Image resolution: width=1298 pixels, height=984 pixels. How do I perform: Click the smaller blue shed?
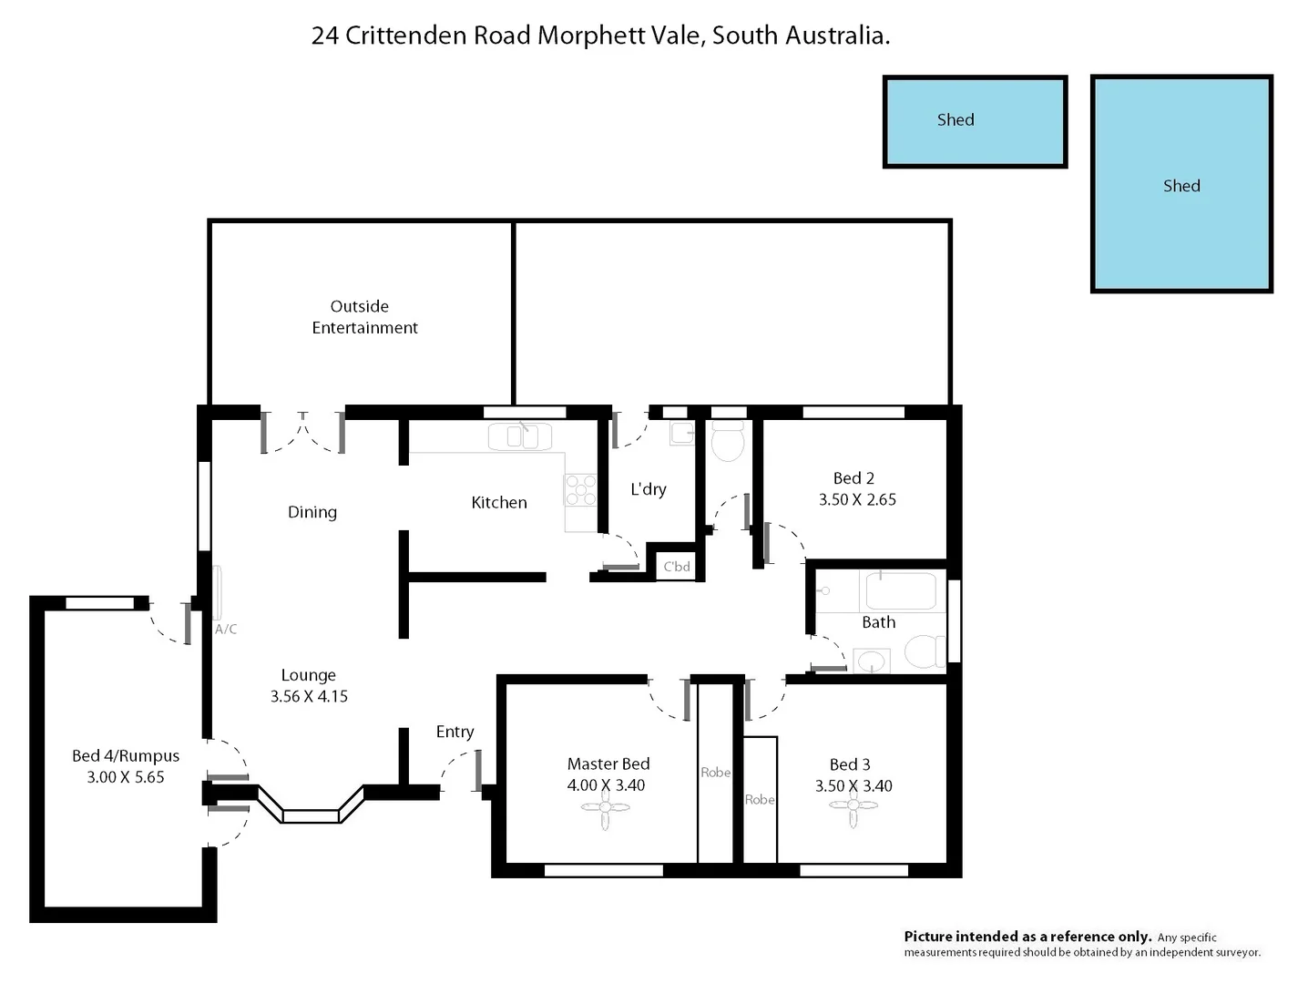(x=975, y=122)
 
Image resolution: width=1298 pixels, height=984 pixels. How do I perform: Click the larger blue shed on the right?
(x=1181, y=184)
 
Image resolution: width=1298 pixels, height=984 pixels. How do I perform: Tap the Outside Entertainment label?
(x=364, y=317)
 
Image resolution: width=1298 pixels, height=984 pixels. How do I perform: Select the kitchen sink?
(x=520, y=436)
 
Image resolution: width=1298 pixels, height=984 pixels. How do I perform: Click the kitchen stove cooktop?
(x=580, y=489)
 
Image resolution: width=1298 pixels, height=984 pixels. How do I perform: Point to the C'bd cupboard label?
(x=677, y=567)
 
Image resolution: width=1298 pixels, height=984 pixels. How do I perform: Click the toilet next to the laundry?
(x=728, y=443)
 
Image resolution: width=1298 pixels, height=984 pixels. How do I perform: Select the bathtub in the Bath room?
(x=900, y=591)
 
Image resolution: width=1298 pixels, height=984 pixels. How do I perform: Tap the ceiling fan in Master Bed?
(x=606, y=807)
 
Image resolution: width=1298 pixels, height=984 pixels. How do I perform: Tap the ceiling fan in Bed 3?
(x=853, y=805)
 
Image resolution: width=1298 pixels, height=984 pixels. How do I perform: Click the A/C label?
(x=226, y=630)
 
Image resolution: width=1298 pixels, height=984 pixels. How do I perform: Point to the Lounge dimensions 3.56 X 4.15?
(x=309, y=696)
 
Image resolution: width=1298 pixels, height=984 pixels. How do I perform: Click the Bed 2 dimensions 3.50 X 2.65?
(x=857, y=499)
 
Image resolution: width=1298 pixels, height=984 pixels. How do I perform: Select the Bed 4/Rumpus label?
(x=126, y=756)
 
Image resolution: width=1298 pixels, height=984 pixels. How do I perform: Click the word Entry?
(x=455, y=732)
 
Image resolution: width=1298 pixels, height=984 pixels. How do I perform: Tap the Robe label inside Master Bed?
(x=715, y=773)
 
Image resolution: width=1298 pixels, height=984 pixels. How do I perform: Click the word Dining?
(x=312, y=512)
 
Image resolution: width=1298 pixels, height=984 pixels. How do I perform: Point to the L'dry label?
(x=649, y=489)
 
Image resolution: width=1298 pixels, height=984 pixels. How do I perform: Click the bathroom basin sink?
(x=872, y=660)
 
